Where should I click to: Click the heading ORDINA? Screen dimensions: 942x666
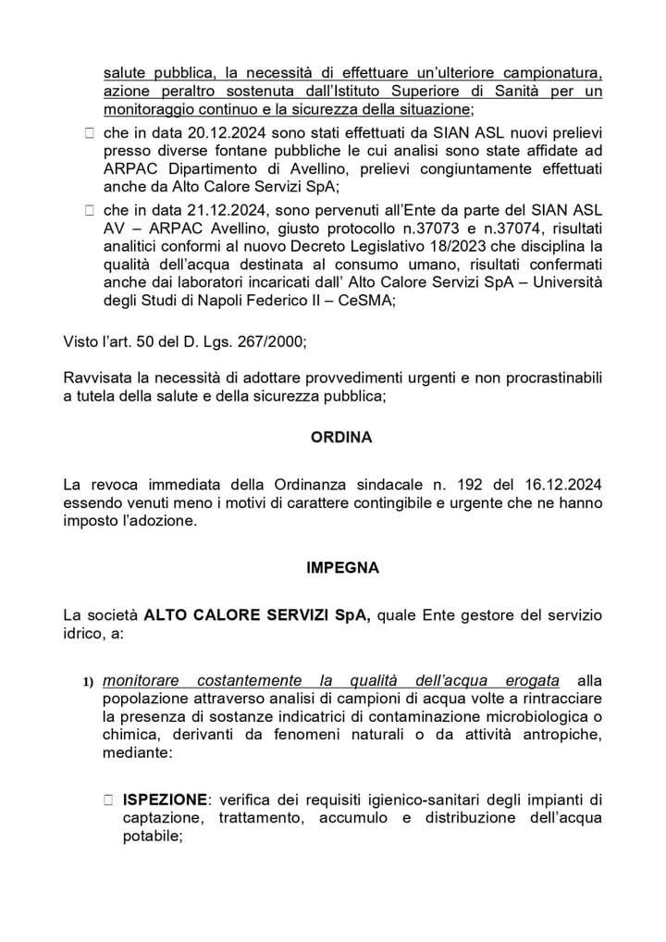tap(340, 439)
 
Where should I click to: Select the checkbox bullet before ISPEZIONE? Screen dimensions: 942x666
tap(109, 799)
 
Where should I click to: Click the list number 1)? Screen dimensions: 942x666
tap(89, 683)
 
